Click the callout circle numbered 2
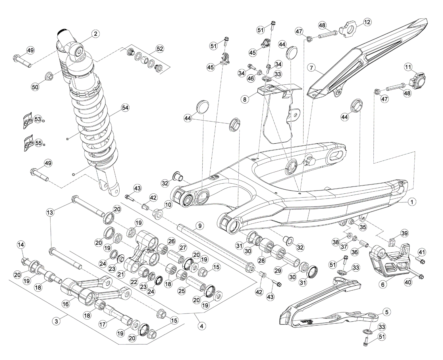point(95,34)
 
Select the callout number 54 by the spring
point(125,108)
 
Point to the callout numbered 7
point(312,68)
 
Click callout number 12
point(367,22)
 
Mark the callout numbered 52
point(160,49)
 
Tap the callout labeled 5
point(386,312)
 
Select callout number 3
point(57,321)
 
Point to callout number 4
point(201,326)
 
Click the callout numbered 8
point(245,100)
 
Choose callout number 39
point(405,233)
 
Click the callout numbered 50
point(35,87)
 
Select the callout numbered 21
point(121,275)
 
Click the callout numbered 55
point(38,143)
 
